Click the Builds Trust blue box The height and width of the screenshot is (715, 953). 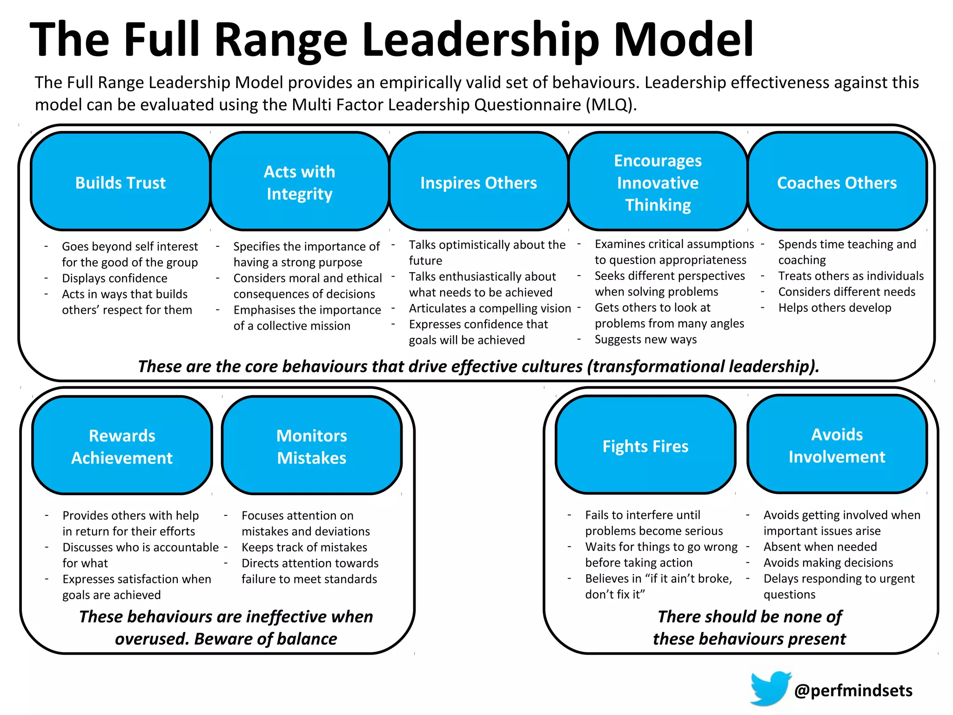click(x=121, y=182)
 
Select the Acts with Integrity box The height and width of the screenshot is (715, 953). click(x=300, y=182)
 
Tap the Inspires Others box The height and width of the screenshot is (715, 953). click(x=478, y=182)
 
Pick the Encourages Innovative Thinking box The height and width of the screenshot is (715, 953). click(x=658, y=182)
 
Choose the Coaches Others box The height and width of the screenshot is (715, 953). click(x=837, y=182)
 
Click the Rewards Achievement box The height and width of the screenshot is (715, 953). click(x=122, y=446)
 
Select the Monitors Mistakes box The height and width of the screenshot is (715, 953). click(x=312, y=446)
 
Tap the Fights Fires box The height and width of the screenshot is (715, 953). click(x=645, y=445)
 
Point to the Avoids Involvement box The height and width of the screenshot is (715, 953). click(x=837, y=445)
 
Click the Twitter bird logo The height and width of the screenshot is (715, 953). click(x=770, y=688)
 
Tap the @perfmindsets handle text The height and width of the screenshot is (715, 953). click(x=853, y=690)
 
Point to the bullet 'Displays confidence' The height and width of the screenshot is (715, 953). click(x=114, y=278)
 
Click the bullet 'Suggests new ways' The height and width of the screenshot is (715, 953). click(x=645, y=339)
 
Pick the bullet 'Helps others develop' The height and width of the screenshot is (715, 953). click(x=835, y=308)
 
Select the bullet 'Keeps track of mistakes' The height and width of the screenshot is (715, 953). click(x=304, y=547)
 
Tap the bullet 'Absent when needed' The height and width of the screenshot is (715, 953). click(x=820, y=547)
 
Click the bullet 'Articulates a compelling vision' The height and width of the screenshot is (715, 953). click(x=490, y=309)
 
